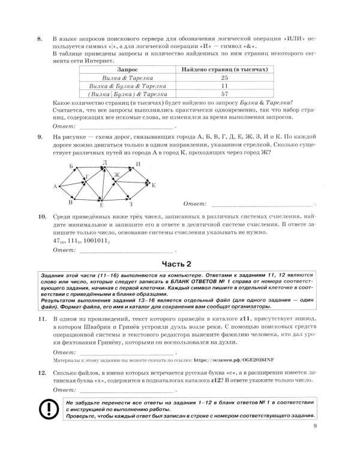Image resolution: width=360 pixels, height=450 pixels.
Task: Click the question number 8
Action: [40, 40]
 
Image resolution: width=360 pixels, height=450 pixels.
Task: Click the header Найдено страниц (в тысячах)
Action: [224, 70]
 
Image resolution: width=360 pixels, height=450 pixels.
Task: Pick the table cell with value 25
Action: [224, 78]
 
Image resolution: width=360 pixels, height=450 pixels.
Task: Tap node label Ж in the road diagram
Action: [118, 175]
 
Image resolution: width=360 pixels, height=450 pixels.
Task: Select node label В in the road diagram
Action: [70, 203]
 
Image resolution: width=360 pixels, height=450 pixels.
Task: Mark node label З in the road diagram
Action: [131, 205]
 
